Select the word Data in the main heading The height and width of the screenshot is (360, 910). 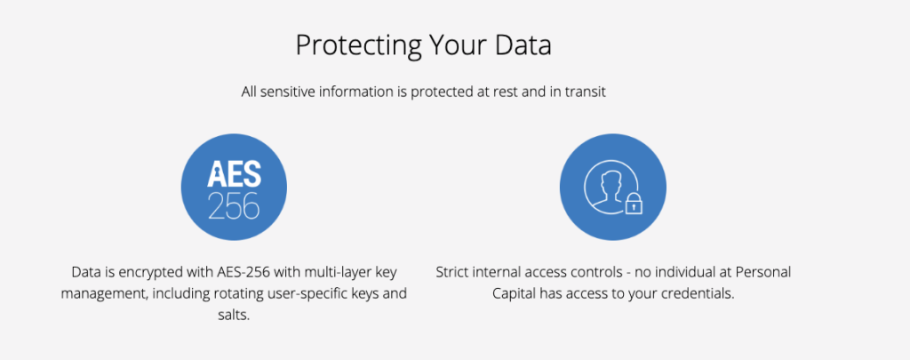pos(521,45)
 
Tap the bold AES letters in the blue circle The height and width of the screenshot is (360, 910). pos(234,174)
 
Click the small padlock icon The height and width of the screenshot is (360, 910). pos(634,204)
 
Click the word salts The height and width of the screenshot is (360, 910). pos(232,316)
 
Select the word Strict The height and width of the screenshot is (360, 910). pos(452,272)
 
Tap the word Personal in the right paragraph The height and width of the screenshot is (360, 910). pos(765,272)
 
